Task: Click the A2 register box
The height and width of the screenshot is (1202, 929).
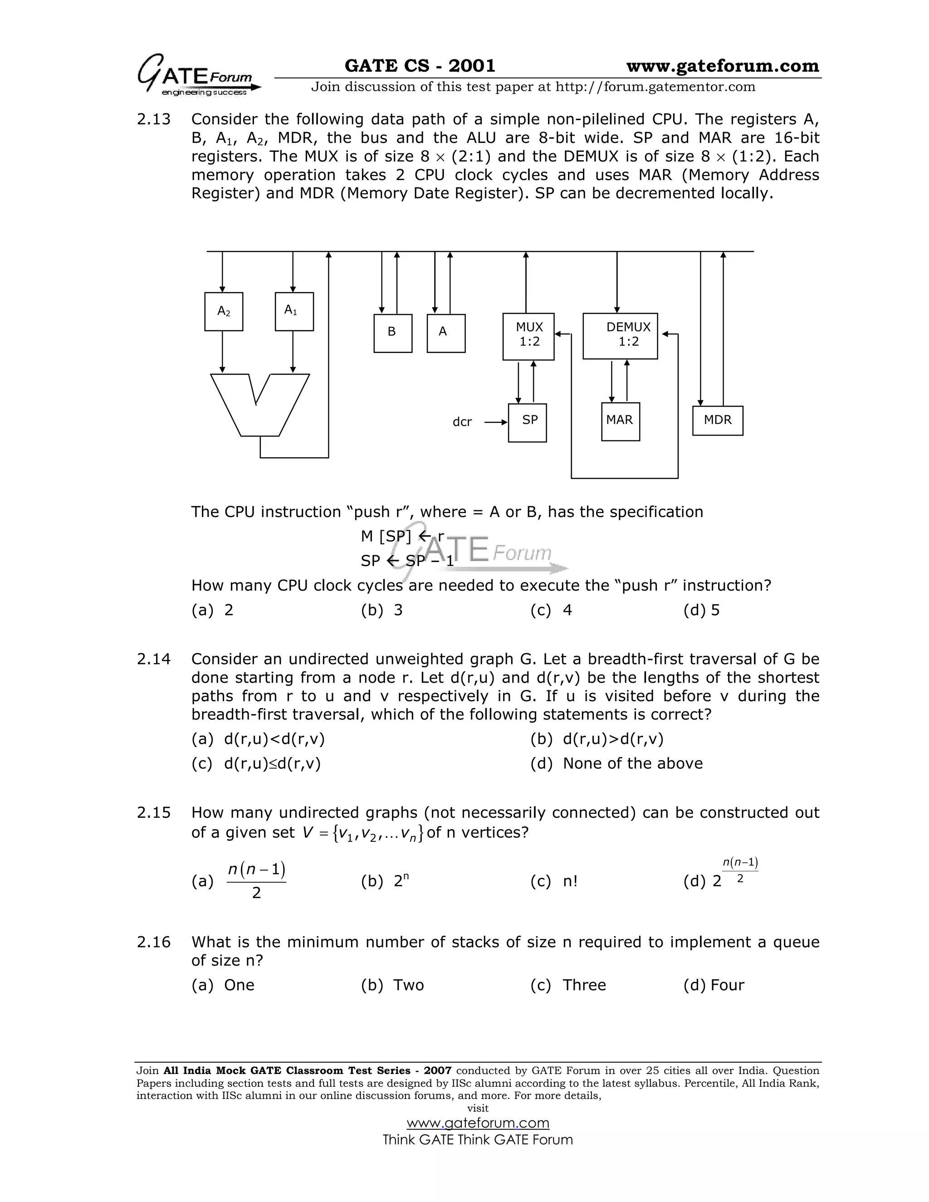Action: [x=224, y=312]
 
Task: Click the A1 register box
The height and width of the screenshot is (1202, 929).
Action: [x=294, y=312]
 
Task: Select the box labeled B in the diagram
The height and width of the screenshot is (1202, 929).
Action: [x=392, y=333]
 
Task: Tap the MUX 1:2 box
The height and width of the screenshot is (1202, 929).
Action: [x=528, y=336]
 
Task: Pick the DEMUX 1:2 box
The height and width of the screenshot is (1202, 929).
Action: [x=620, y=336]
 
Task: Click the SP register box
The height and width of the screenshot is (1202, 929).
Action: [x=527, y=422]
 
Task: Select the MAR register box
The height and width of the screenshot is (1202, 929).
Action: [x=620, y=421]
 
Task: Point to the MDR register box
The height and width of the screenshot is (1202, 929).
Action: [x=718, y=420]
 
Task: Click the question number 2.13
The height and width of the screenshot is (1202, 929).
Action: [x=154, y=119]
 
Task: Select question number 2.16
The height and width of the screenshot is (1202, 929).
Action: [x=154, y=942]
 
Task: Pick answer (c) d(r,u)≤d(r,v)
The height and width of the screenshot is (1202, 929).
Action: [x=256, y=763]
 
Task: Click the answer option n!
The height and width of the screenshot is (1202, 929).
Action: [x=570, y=881]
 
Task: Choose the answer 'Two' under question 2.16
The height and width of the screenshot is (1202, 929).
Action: [x=408, y=985]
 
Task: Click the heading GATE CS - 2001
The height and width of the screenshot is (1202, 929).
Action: [x=420, y=66]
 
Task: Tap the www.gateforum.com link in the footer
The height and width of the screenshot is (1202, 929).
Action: [x=478, y=1123]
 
